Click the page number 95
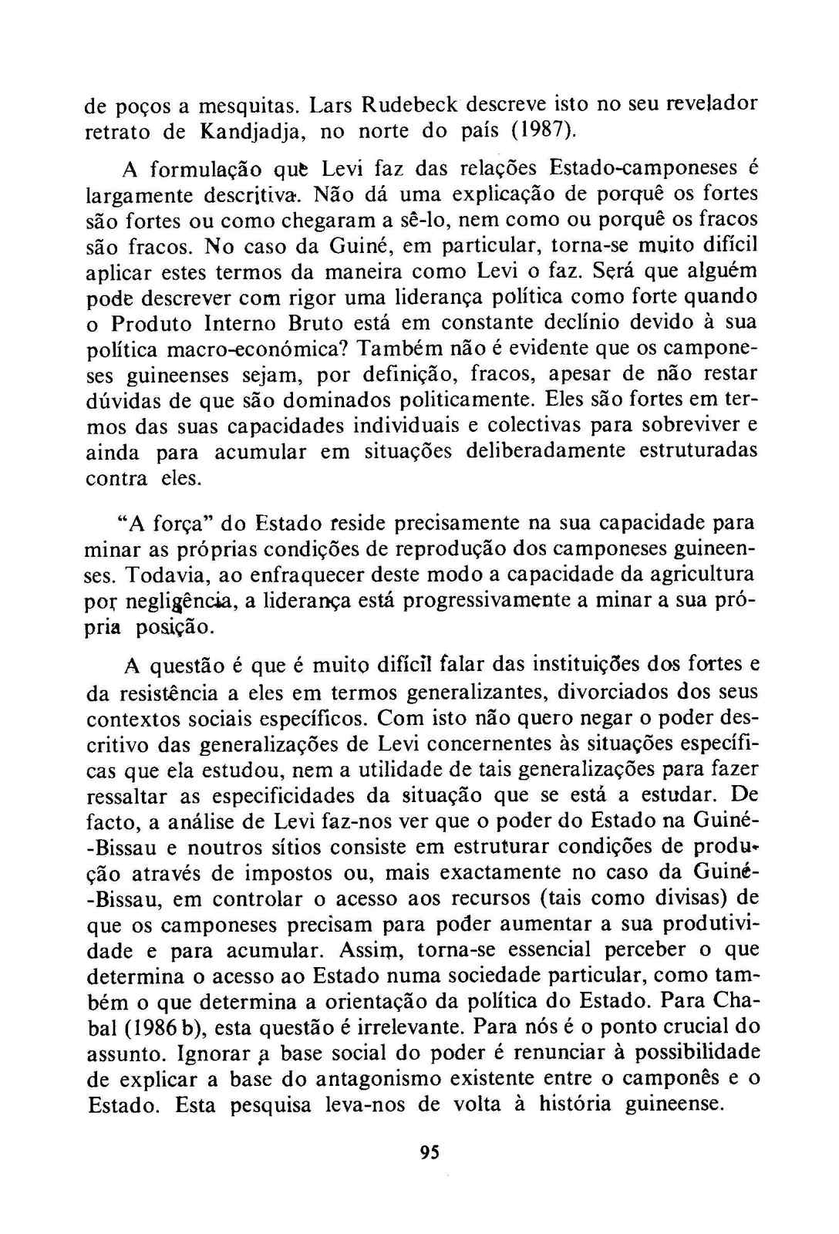(430, 1152)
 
